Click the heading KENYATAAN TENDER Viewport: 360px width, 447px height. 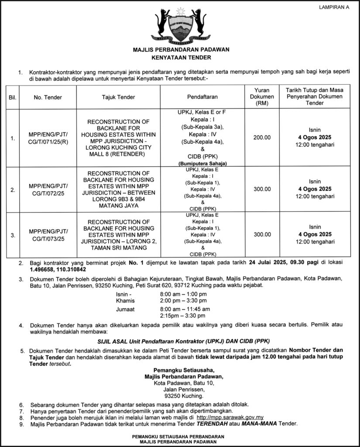click(181, 57)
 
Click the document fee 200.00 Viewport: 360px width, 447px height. click(262, 138)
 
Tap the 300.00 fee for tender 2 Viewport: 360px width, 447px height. click(262, 189)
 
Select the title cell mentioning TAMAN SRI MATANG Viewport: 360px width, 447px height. click(118, 235)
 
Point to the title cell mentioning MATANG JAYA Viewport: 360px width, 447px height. click(118, 189)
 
